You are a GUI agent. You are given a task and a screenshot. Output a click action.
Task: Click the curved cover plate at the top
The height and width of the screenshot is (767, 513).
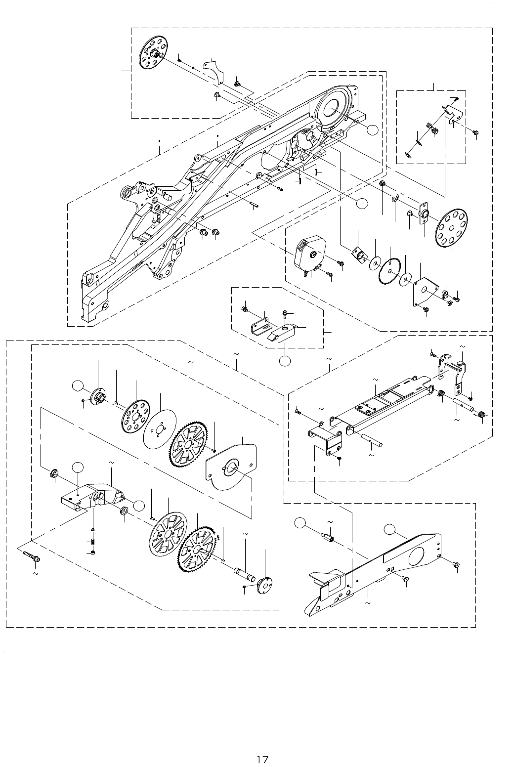(x=215, y=71)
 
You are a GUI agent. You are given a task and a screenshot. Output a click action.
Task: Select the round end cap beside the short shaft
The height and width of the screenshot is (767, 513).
(x=265, y=586)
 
